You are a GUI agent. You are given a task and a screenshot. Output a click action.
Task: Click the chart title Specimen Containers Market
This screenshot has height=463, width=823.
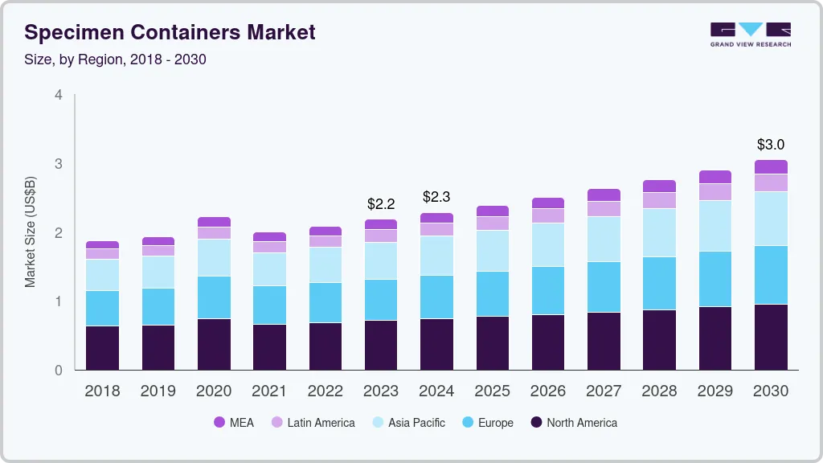pos(170,32)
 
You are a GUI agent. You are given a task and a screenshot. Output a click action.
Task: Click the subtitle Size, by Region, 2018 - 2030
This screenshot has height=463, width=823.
pos(115,59)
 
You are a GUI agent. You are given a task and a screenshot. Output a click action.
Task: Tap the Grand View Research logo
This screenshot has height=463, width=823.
pos(751,34)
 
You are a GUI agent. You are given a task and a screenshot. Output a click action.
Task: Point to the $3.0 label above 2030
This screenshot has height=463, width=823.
pos(771,145)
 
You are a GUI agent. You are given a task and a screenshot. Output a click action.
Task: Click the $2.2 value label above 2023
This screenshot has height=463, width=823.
pos(380,204)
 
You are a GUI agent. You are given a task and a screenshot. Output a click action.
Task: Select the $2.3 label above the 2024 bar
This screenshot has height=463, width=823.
pos(436,197)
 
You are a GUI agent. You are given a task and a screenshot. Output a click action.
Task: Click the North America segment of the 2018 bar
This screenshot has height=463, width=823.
pos(102,347)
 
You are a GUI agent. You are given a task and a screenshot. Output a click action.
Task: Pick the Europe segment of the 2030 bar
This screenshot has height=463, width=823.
pos(771,275)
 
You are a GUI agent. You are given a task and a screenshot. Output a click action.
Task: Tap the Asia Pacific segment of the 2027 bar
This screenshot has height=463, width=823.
pos(604,239)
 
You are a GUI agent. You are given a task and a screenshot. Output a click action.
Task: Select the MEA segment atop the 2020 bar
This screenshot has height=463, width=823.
pos(214,222)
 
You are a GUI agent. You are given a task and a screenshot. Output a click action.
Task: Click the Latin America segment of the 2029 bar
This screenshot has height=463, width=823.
pos(715,191)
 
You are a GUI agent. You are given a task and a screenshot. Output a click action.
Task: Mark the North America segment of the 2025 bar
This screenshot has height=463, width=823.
pos(492,342)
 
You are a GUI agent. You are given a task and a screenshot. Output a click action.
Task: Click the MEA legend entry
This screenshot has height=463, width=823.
pos(234,422)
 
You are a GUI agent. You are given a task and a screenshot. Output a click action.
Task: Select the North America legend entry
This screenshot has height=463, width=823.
pos(574,422)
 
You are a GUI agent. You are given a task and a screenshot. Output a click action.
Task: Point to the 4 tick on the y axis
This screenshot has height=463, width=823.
pos(58,95)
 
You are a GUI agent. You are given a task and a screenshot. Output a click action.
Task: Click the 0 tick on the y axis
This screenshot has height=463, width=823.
pos(58,371)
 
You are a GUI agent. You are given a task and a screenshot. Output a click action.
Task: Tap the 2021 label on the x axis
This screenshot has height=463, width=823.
pos(269,391)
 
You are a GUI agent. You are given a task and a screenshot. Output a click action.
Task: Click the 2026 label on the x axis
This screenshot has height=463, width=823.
pos(548,391)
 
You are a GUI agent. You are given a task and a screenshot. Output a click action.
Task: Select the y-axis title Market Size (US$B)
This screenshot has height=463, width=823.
pos(31,232)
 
